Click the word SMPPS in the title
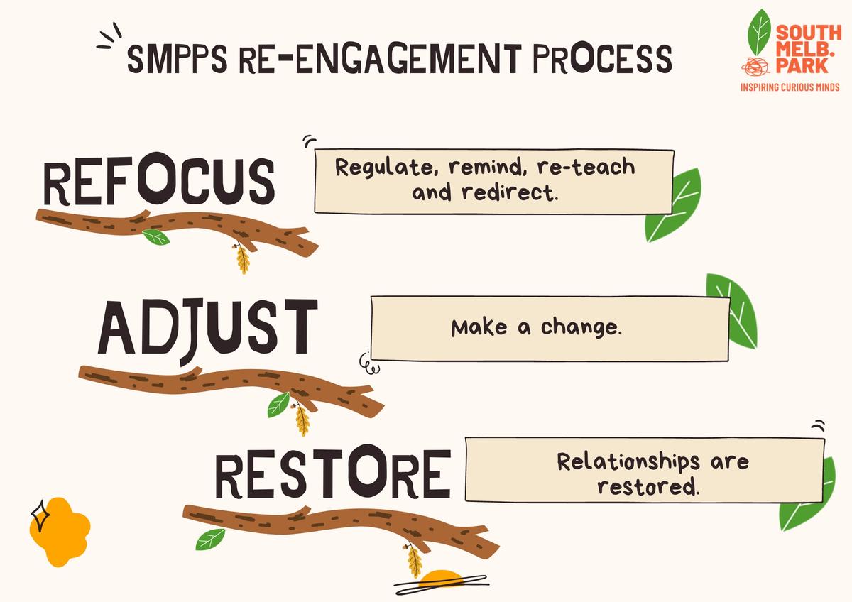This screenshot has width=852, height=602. tap(177, 58)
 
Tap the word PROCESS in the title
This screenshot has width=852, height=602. tap(602, 58)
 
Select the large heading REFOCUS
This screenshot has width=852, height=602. tap(159, 179)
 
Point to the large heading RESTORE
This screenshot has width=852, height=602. tap(333, 471)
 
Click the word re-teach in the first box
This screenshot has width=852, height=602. tap(586, 167)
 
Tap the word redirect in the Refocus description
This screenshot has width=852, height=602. tap(510, 192)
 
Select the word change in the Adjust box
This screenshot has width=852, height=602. tap(581, 327)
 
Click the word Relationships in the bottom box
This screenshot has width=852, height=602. tap(628, 461)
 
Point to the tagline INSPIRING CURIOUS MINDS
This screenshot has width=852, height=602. tap(790, 87)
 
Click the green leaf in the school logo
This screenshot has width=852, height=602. tap(759, 33)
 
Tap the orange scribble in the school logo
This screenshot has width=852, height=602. tap(755, 67)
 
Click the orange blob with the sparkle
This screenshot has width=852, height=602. tap(60, 531)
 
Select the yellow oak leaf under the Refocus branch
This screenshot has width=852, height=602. tap(242, 258)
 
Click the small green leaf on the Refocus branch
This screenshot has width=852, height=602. tap(156, 237)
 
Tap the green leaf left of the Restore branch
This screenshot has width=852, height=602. tap(210, 540)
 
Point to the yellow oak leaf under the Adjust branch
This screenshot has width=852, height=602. tap(302, 420)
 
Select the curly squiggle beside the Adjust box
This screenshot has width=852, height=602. tap(369, 364)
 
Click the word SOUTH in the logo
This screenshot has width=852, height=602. tap(809, 33)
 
